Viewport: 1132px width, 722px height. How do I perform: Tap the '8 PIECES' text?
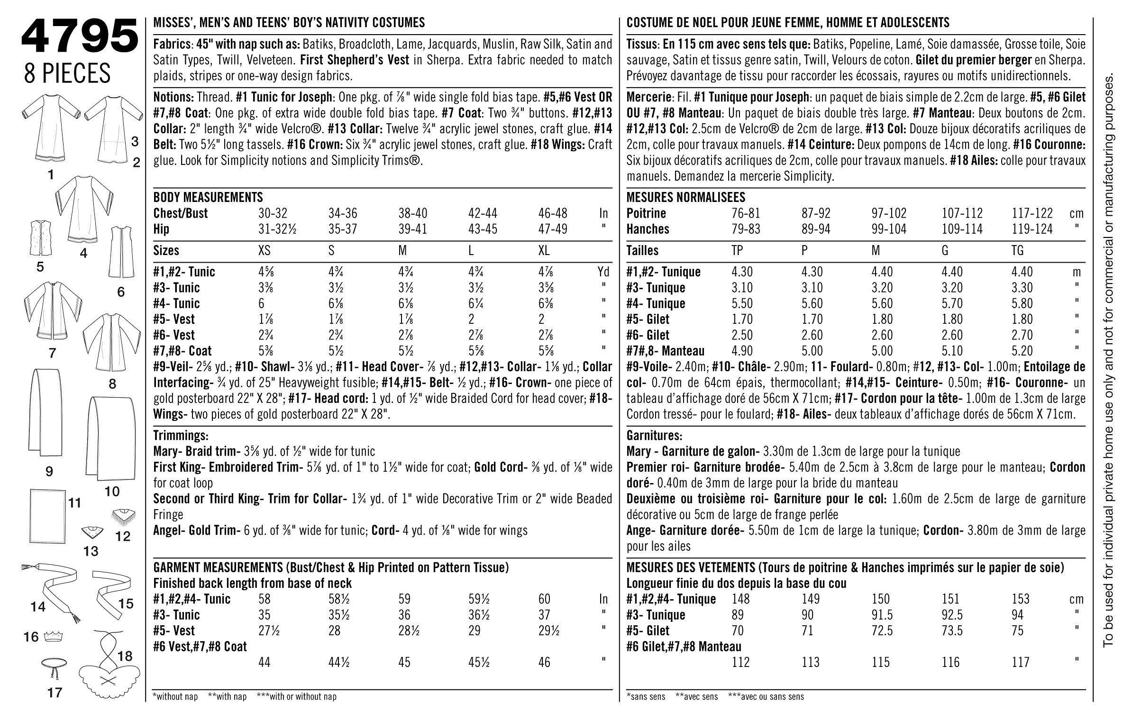point(67,74)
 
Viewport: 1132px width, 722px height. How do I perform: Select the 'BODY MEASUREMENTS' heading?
point(208,197)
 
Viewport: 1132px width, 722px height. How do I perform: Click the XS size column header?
point(264,250)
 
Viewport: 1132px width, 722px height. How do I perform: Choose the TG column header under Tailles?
point(1017,250)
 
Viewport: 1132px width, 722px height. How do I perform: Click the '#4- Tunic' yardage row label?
point(176,303)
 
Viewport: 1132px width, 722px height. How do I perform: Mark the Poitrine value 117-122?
point(1032,213)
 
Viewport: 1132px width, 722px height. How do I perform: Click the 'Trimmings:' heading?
point(181,435)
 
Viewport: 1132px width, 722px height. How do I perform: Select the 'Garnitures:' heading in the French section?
point(655,435)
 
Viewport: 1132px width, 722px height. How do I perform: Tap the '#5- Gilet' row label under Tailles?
point(648,319)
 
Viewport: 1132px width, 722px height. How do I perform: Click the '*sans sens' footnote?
point(646,696)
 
